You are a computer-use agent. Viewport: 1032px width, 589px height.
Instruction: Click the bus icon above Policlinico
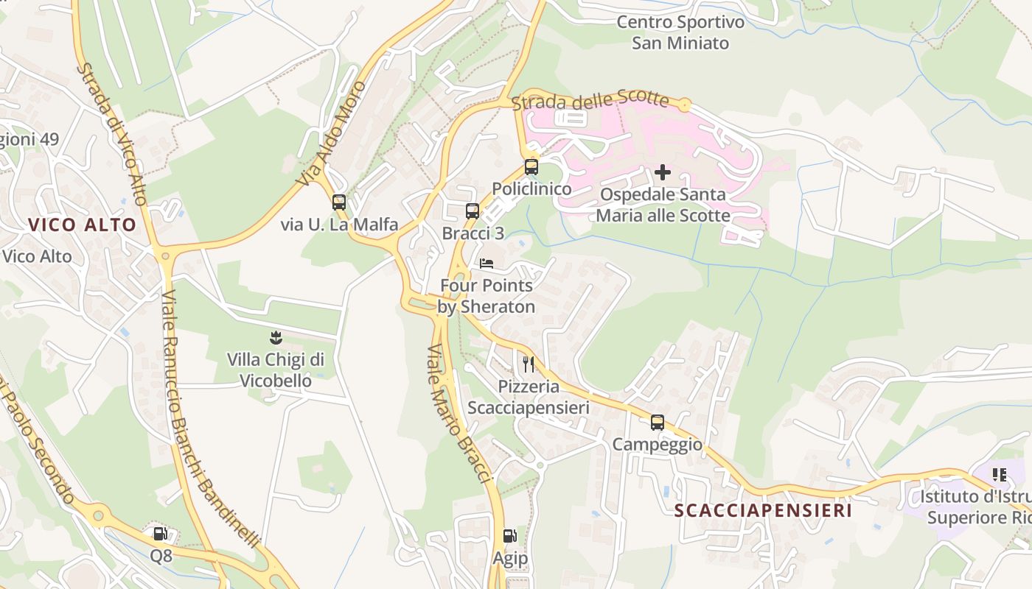click(x=531, y=167)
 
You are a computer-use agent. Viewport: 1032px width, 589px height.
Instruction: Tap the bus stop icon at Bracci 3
click(x=473, y=211)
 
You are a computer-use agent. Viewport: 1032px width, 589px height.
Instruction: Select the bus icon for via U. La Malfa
click(x=339, y=202)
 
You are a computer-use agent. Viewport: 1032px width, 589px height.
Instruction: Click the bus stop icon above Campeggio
click(x=657, y=423)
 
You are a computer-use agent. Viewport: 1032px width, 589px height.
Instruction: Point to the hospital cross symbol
click(x=663, y=172)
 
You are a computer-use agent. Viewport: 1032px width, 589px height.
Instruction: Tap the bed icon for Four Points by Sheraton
click(x=487, y=264)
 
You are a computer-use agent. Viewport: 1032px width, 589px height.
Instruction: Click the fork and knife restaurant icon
click(x=529, y=364)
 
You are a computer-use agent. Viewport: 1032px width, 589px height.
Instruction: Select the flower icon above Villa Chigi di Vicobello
click(x=276, y=338)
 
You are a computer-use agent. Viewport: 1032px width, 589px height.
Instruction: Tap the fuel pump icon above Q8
click(x=160, y=534)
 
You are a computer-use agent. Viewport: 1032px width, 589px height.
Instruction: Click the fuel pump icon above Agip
click(x=509, y=536)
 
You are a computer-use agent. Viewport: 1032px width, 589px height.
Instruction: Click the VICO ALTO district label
click(x=83, y=225)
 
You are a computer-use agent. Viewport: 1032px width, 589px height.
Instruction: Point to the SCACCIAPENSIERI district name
click(x=763, y=510)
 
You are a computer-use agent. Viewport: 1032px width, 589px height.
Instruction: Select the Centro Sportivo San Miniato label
click(x=680, y=32)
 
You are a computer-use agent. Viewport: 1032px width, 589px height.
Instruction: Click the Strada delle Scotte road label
click(x=590, y=101)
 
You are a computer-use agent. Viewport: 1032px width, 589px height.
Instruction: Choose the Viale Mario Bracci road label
click(x=459, y=413)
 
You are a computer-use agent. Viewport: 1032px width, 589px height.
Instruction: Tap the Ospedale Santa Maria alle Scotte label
click(x=663, y=205)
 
